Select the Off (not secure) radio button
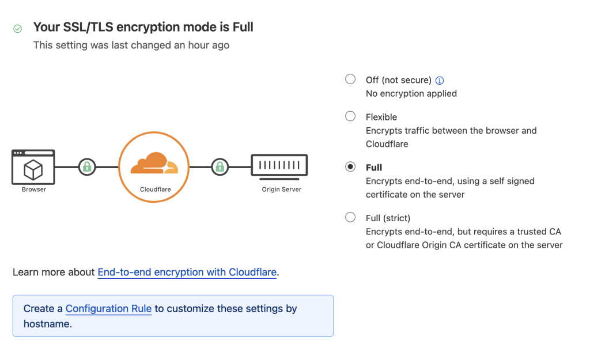tap(350, 79)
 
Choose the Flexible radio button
tap(350, 116)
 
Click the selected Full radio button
tap(350, 167)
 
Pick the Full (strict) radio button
tap(350, 217)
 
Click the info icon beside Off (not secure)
tap(440, 81)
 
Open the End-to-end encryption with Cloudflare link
tap(187, 272)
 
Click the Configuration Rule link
tap(108, 309)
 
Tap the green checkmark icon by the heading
tap(18, 28)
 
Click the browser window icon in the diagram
tap(33, 167)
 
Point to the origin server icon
tap(279, 166)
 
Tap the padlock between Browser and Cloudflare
tap(87, 167)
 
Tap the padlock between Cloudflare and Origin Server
tap(219, 167)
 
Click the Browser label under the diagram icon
tap(34, 189)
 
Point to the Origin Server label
tap(282, 189)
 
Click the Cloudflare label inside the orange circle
tap(155, 189)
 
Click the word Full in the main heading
tap(243, 27)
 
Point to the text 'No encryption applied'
tap(411, 93)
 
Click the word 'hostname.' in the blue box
tap(48, 324)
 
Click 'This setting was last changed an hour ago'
tap(131, 45)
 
